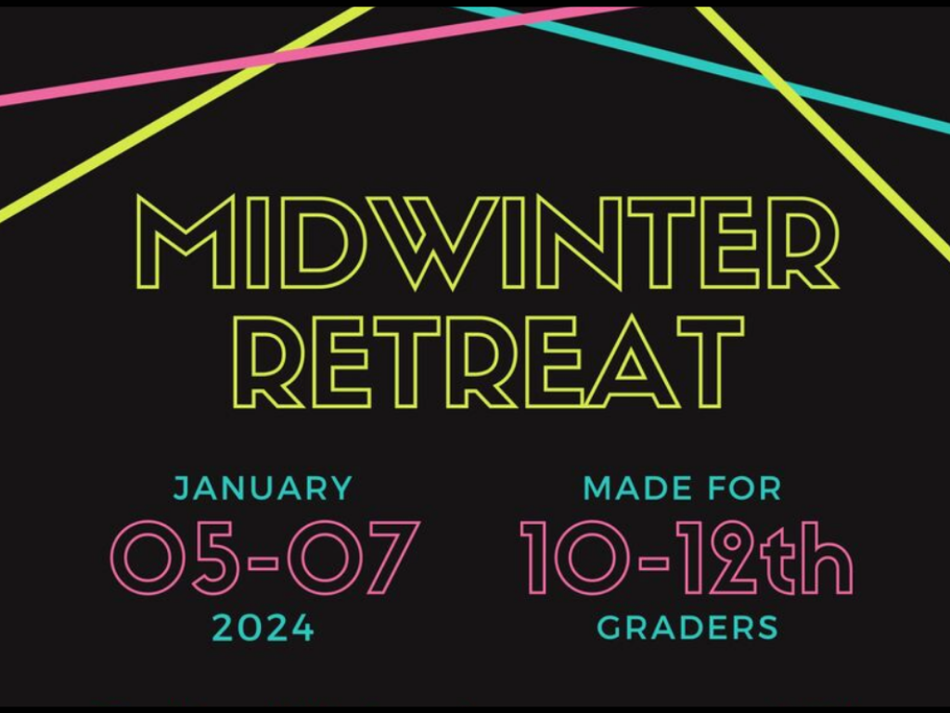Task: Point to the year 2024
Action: click(x=263, y=628)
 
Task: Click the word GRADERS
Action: click(x=687, y=628)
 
